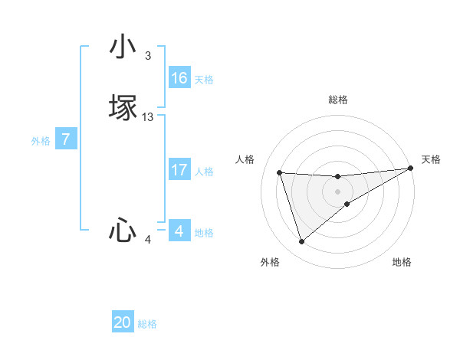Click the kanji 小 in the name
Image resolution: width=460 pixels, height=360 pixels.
(123, 47)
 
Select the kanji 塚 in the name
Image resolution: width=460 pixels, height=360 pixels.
(123, 107)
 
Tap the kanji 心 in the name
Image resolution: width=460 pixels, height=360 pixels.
(123, 230)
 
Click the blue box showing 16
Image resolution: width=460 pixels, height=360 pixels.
(179, 78)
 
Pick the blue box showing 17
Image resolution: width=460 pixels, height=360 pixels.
(179, 170)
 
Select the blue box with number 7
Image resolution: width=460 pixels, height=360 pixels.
(67, 139)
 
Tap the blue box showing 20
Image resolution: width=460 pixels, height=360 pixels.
(123, 322)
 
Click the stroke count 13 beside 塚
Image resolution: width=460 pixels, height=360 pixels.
(148, 117)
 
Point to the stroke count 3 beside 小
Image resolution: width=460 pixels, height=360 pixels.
(148, 56)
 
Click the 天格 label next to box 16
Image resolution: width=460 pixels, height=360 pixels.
(204, 80)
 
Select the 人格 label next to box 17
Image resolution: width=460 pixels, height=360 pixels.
(204, 172)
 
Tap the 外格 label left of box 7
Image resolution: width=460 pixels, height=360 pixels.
(41, 141)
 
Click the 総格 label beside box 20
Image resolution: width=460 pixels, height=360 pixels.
(147, 324)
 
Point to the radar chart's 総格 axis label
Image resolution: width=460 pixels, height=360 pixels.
(338, 100)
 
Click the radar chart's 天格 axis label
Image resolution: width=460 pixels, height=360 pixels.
(431, 159)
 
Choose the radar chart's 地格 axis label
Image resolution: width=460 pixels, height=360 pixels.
(402, 263)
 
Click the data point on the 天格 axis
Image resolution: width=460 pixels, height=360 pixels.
(411, 168)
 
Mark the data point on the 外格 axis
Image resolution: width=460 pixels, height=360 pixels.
(301, 242)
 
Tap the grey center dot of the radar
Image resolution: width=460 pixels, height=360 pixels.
(338, 191)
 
